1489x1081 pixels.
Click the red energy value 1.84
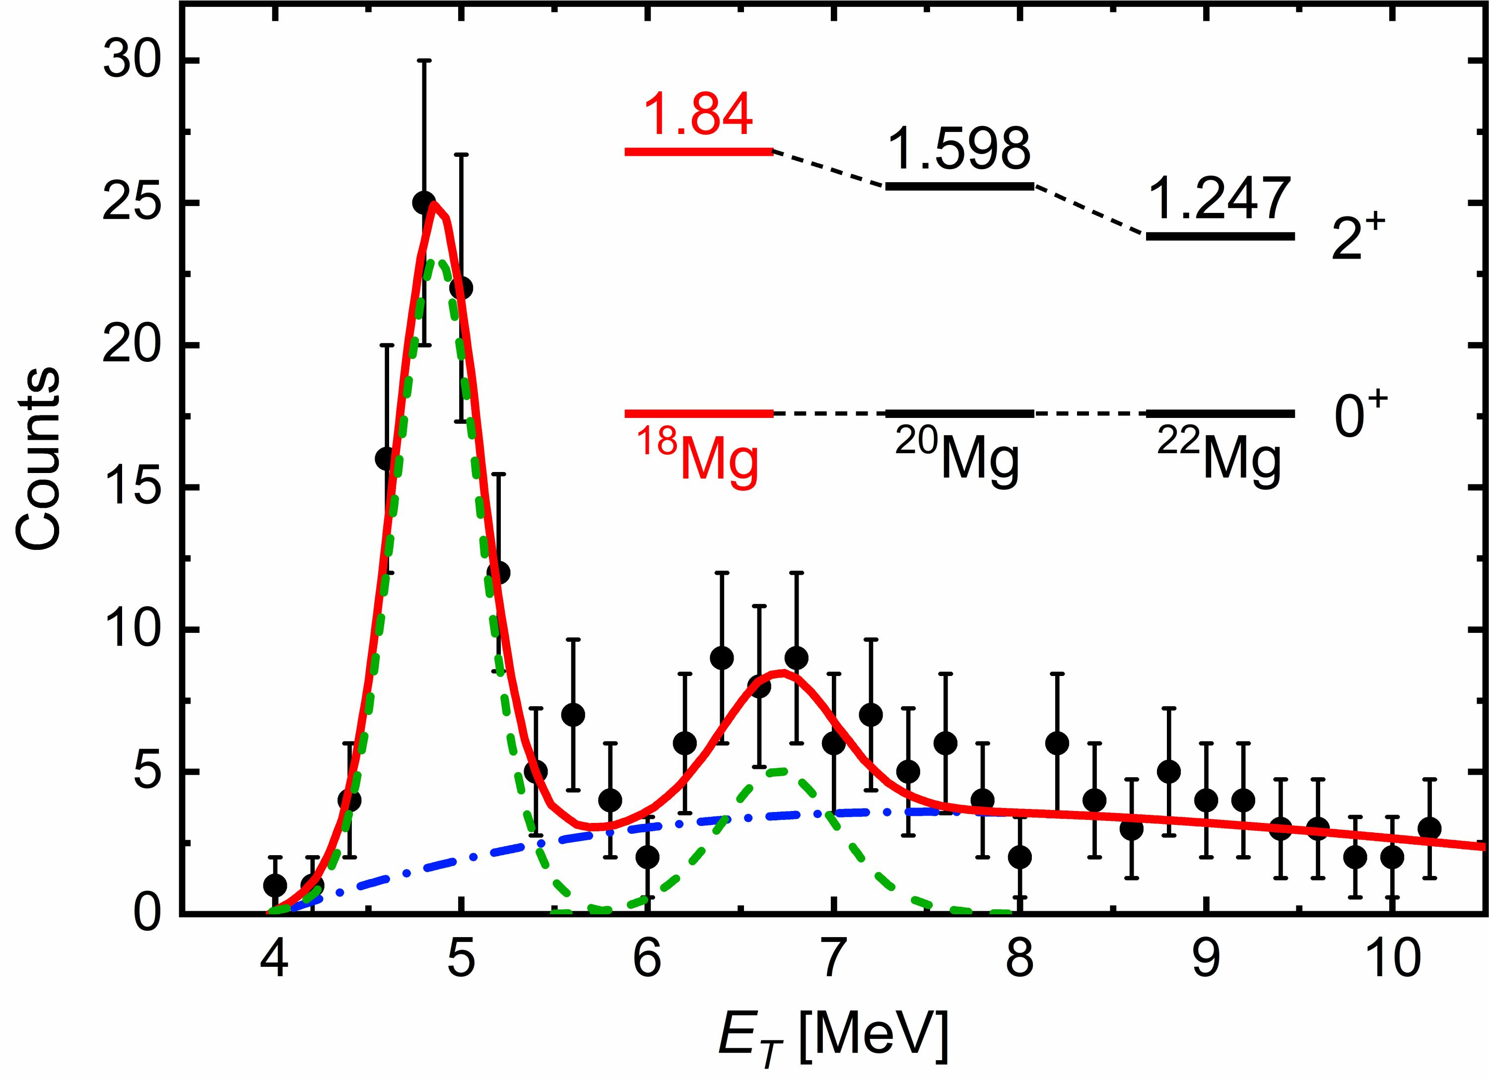point(698,115)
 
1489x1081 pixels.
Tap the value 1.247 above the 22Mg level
point(1219,199)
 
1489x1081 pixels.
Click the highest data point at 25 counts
point(424,203)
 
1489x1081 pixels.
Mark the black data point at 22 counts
point(462,288)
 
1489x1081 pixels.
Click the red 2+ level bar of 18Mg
point(698,151)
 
